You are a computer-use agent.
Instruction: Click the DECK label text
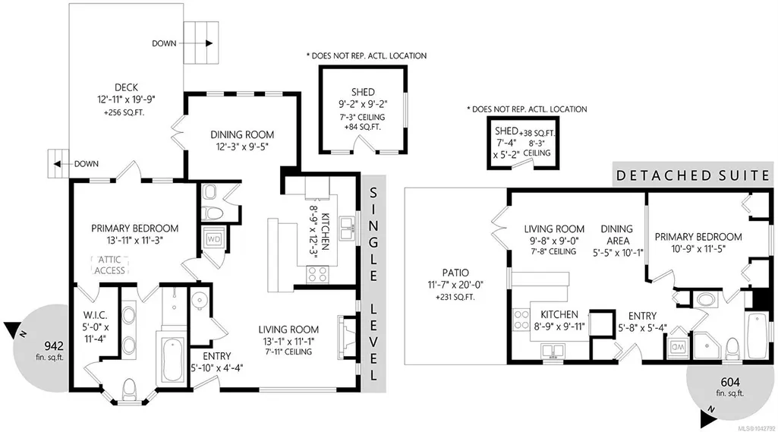click(126, 87)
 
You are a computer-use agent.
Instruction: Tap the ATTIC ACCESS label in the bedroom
click(109, 265)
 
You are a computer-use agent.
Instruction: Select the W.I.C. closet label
click(96, 315)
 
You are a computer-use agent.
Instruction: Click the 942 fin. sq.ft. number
click(54, 345)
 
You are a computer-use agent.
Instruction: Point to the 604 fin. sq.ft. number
click(730, 382)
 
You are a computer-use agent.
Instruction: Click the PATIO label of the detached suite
click(455, 273)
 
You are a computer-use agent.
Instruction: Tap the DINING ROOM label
click(242, 134)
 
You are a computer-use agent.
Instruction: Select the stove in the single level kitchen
click(317, 274)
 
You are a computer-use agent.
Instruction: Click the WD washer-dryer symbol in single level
click(214, 239)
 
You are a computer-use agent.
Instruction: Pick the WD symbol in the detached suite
click(677, 347)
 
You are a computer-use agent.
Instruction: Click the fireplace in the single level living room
click(346, 331)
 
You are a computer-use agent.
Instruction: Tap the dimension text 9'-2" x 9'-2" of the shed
click(363, 104)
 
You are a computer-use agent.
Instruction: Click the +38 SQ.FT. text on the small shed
click(537, 133)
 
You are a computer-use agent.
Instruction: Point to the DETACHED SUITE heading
click(693, 175)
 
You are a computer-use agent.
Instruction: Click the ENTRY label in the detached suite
click(643, 316)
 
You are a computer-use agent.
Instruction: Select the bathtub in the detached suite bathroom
click(758, 335)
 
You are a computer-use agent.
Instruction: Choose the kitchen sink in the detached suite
click(552, 351)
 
